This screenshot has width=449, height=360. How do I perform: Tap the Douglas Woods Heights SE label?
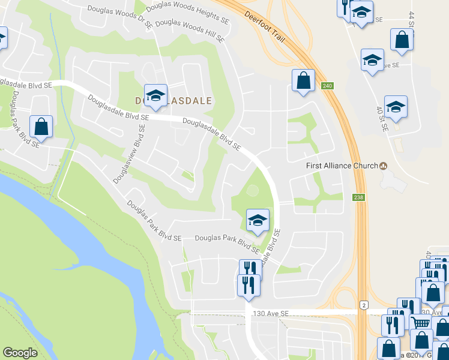(x=188, y=13)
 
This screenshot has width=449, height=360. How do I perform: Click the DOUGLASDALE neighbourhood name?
(x=173, y=101)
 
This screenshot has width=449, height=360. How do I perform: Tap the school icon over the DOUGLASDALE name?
(x=155, y=96)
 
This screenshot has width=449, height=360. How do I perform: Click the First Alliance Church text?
(x=342, y=166)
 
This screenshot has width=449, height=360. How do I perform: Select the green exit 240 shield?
(x=327, y=86)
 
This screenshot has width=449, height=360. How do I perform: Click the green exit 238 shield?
(x=359, y=197)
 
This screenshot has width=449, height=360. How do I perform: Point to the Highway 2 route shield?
(x=364, y=306)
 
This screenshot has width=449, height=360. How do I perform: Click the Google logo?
(x=20, y=353)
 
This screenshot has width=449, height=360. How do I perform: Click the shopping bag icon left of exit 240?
(x=304, y=80)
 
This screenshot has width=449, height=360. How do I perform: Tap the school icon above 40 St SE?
(x=396, y=106)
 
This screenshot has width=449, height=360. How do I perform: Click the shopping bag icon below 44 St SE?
(x=402, y=40)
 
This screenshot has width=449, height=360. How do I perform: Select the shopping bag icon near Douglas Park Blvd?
(x=41, y=126)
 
